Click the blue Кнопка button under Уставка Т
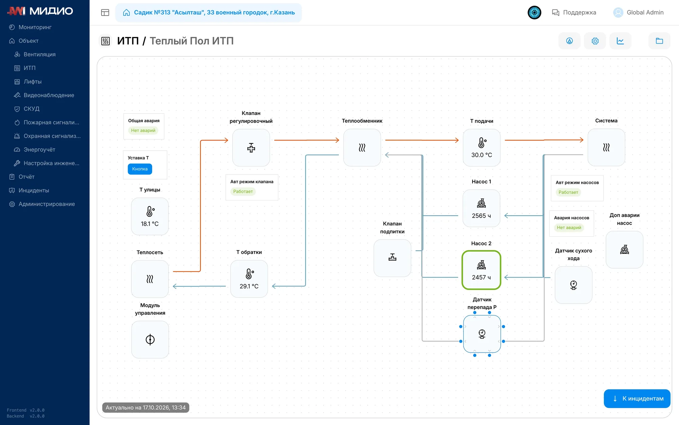pyautogui.click(x=140, y=169)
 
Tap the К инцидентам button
pyautogui.click(x=637, y=398)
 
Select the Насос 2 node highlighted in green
pyautogui.click(x=481, y=270)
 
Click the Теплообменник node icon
pyautogui.click(x=362, y=148)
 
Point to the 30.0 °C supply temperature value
pyautogui.click(x=481, y=155)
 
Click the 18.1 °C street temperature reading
pyautogui.click(x=150, y=224)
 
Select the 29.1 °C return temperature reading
pyautogui.click(x=249, y=286)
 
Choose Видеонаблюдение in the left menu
pyautogui.click(x=49, y=95)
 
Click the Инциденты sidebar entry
pyautogui.click(x=34, y=190)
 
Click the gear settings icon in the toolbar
pyautogui.click(x=595, y=41)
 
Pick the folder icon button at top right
pyautogui.click(x=659, y=41)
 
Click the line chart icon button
pyautogui.click(x=620, y=41)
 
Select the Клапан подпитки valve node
pyautogui.click(x=392, y=258)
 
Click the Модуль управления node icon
pyautogui.click(x=150, y=340)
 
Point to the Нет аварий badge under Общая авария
pyautogui.click(x=143, y=131)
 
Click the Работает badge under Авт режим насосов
pyautogui.click(x=568, y=192)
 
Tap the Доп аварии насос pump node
pyautogui.click(x=624, y=250)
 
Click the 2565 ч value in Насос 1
pyautogui.click(x=481, y=216)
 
